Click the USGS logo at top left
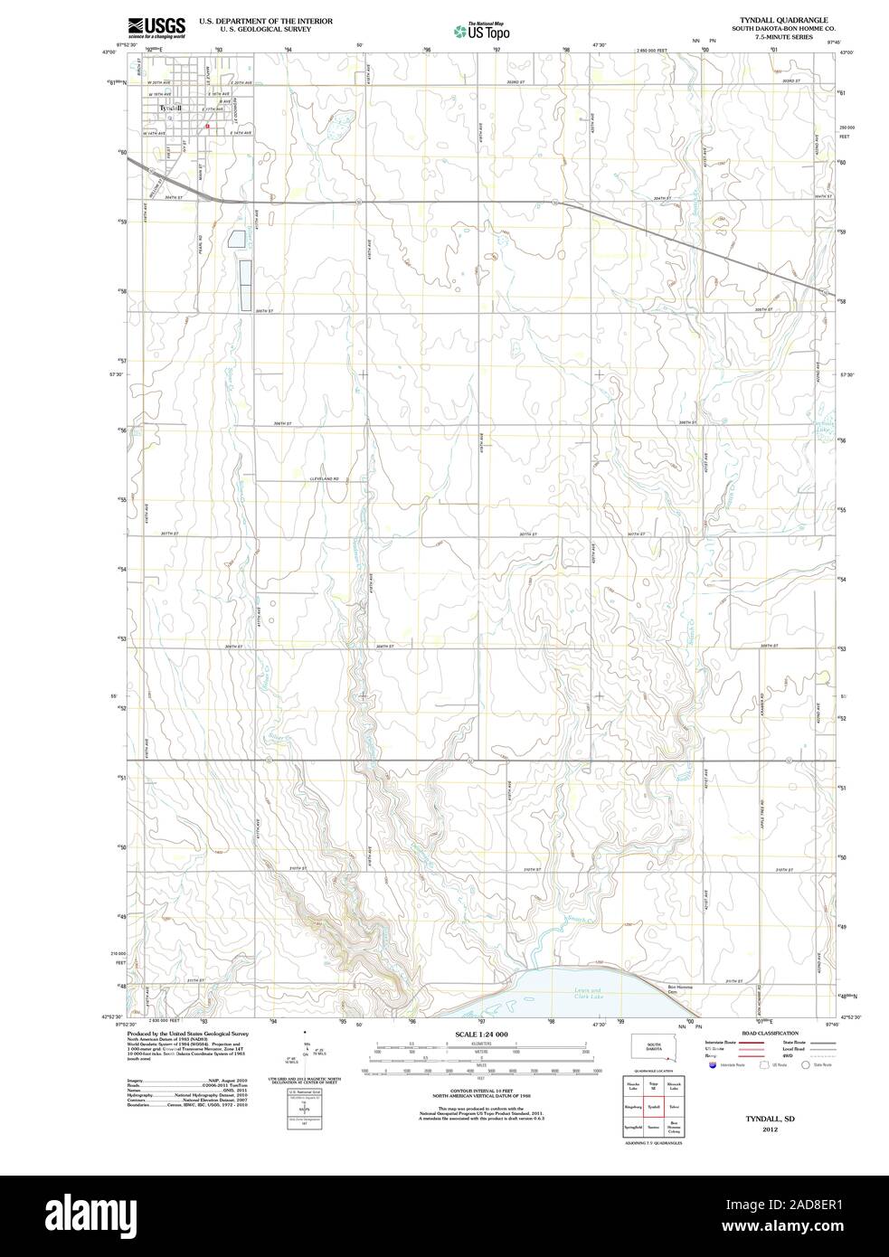point(156,26)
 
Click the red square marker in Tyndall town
point(207,127)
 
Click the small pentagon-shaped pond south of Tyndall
point(237,239)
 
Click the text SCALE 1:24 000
point(481,1034)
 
